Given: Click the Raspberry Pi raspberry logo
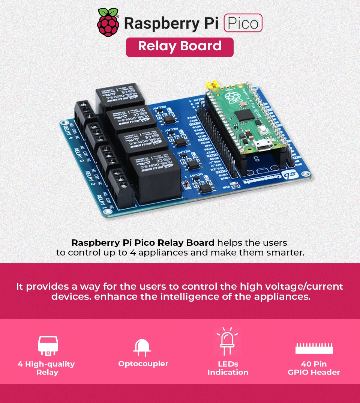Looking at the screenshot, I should point(108,23).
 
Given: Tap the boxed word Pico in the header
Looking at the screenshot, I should point(243,23).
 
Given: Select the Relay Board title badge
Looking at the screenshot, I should point(180,47).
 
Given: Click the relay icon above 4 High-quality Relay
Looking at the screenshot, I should point(48,346).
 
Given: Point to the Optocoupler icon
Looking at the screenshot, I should point(142,348).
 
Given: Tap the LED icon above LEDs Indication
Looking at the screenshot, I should point(227,342).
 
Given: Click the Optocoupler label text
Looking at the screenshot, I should point(143,364).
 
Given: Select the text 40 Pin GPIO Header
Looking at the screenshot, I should point(314,368).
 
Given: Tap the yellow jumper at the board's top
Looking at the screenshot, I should point(213,84).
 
